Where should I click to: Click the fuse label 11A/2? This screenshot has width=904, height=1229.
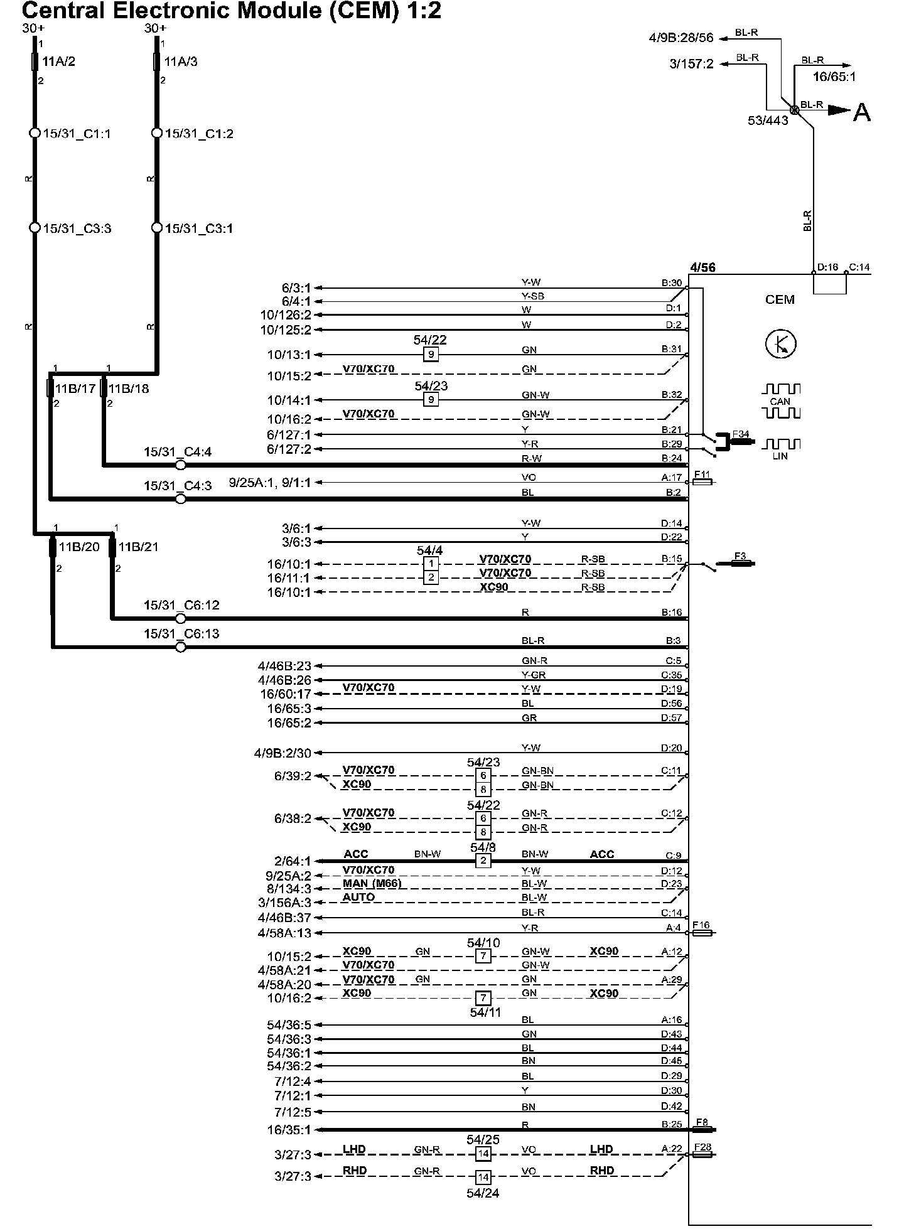pos(58,62)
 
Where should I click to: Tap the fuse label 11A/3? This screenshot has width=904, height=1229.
pos(181,62)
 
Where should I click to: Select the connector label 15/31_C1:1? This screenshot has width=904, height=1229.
pos(77,134)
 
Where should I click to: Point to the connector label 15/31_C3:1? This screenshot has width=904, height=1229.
pos(199,228)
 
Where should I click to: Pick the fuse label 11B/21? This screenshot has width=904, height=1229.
pos(138,547)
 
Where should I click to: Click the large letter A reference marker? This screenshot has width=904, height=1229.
pos(862,112)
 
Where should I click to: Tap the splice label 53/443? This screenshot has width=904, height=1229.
pos(768,121)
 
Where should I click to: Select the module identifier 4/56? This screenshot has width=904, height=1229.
pos(702,267)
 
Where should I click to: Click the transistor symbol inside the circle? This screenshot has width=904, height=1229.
pos(780,343)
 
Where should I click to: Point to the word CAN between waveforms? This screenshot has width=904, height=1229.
pos(780,402)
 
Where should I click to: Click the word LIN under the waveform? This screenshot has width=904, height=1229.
pos(780,456)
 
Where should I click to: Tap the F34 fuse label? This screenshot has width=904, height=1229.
pos(741,433)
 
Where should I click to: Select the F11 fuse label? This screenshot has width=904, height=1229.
pos(701,474)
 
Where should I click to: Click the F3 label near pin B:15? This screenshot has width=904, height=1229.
pos(740,556)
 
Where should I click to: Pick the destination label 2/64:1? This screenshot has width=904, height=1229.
pos(293,861)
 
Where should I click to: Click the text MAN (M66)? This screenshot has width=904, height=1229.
pos(372,884)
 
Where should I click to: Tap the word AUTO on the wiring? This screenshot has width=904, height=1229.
pos(358,898)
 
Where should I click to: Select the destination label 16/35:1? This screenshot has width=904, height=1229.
pos(289,1130)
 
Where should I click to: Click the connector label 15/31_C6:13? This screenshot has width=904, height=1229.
pos(181,634)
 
